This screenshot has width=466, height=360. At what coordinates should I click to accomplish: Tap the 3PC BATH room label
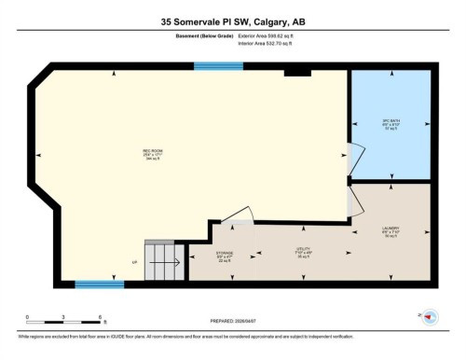(x=391, y=124)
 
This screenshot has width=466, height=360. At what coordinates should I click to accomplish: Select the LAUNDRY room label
(x=391, y=230)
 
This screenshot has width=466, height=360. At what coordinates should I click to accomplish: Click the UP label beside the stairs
(x=135, y=264)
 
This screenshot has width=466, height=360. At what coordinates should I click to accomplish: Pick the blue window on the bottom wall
(x=100, y=284)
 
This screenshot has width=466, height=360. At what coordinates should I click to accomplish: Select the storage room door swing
(x=239, y=219)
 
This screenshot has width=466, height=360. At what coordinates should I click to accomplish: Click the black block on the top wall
(x=297, y=71)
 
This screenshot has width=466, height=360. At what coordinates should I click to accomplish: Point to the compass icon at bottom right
(x=430, y=317)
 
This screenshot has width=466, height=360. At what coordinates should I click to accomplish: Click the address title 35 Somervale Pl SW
(x=232, y=21)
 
